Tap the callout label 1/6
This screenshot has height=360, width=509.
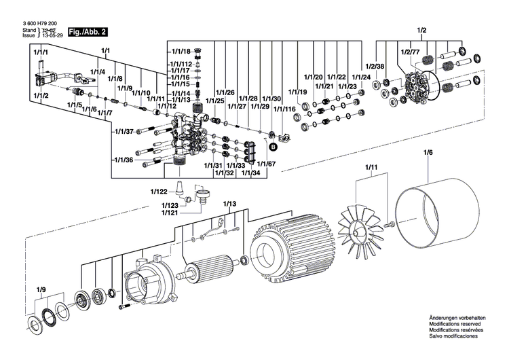(x=428, y=153)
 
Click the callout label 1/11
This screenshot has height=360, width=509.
(x=371, y=166)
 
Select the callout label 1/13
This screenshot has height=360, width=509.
(x=229, y=204)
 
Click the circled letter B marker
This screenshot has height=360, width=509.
(x=274, y=146)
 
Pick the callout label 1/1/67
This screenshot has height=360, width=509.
(x=267, y=164)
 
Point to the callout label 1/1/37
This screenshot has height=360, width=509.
(x=123, y=131)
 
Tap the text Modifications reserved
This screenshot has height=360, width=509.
(x=453, y=324)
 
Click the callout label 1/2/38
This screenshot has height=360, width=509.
(x=375, y=66)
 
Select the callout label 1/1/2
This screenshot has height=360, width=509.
(x=39, y=96)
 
